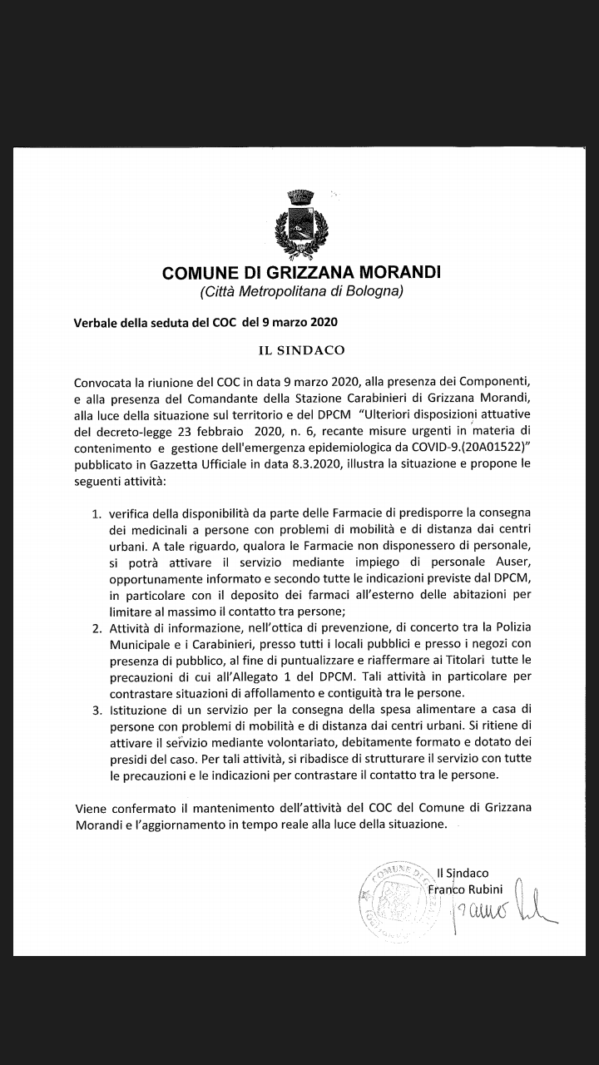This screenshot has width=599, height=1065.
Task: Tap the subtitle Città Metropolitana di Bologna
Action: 301,291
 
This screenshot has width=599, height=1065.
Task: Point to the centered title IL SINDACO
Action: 301,351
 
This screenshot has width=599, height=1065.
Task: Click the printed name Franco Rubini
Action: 466,889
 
